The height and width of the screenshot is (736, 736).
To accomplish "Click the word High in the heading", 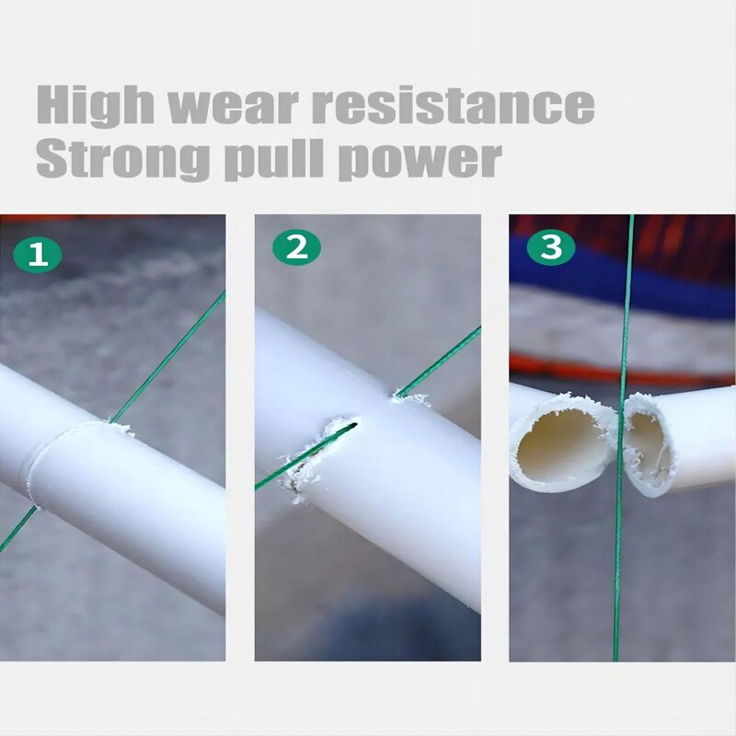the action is (x=95, y=105).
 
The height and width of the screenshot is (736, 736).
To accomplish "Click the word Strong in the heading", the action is (x=122, y=159).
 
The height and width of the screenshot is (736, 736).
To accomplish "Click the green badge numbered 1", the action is (x=37, y=255).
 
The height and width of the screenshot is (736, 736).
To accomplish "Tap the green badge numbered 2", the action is (x=296, y=247).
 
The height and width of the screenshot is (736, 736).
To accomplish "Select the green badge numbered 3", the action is (x=550, y=247).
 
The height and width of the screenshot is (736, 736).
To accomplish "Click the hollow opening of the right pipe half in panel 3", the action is (x=651, y=448).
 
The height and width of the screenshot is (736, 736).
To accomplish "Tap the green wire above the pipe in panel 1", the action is (x=167, y=358).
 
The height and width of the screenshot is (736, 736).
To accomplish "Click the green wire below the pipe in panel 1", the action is (x=17, y=528).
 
